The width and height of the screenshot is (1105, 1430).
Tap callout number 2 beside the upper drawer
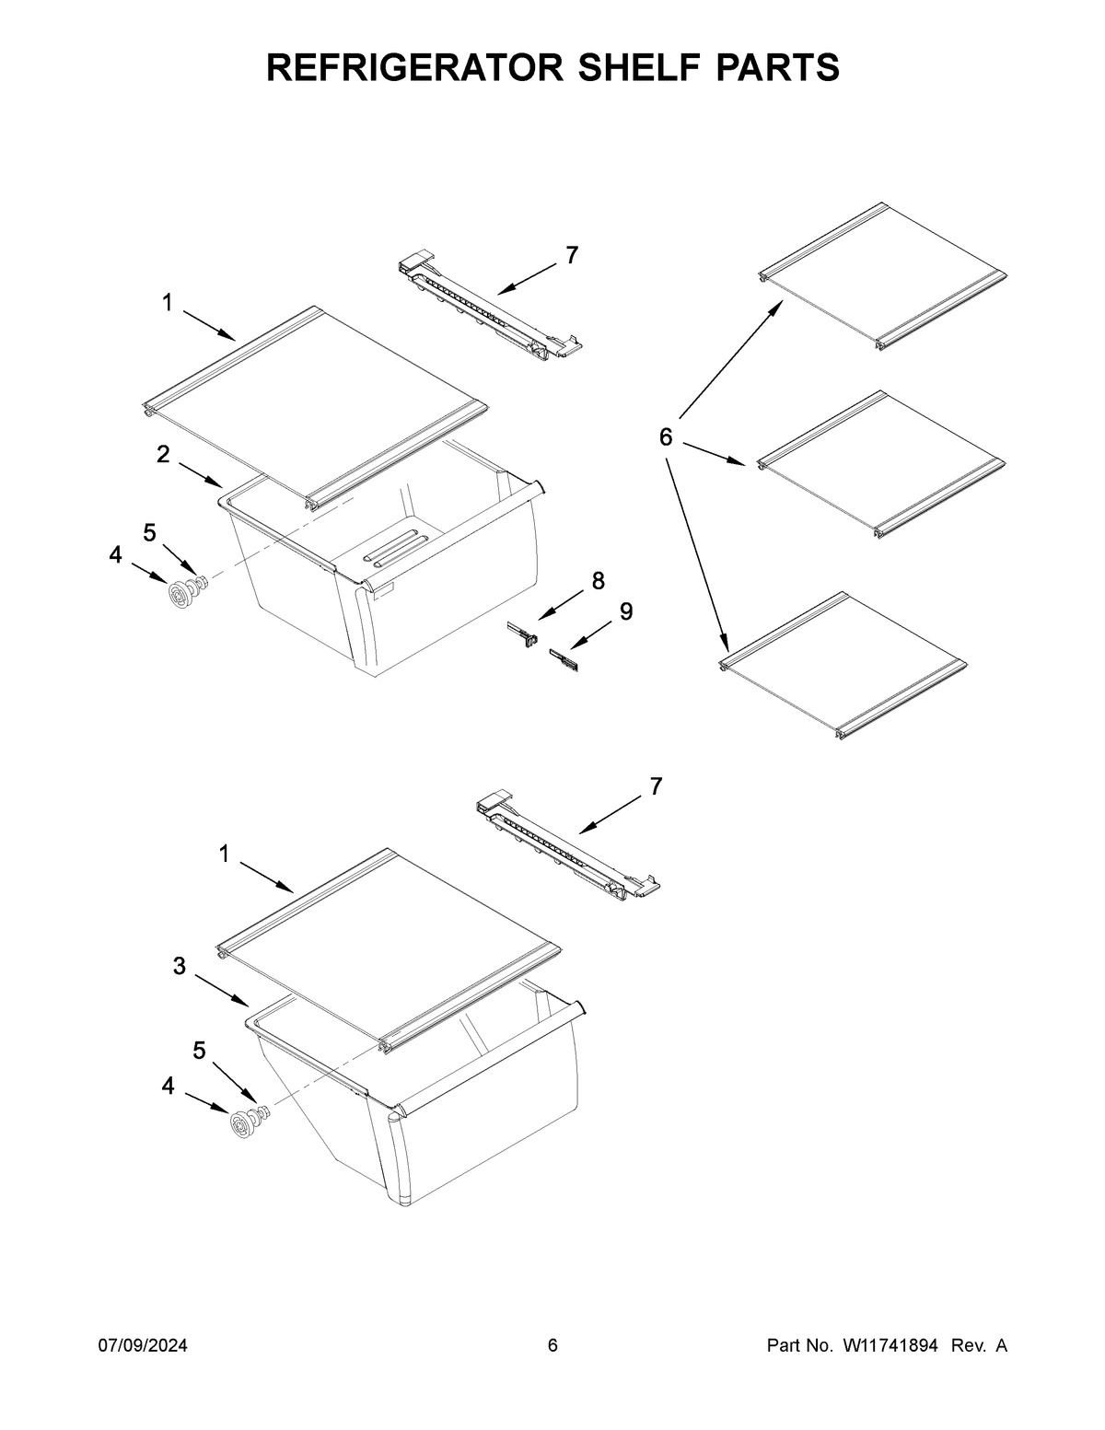tap(163, 454)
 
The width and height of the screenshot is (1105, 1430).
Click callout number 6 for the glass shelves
tap(667, 436)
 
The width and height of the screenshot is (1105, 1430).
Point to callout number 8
tap(599, 580)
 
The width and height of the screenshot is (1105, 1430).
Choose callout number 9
tap(625, 611)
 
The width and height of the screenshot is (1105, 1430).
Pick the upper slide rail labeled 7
tap(488, 306)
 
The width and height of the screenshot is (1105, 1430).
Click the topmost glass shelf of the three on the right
tap(882, 276)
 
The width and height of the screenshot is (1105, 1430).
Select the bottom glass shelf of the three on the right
tap(843, 663)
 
